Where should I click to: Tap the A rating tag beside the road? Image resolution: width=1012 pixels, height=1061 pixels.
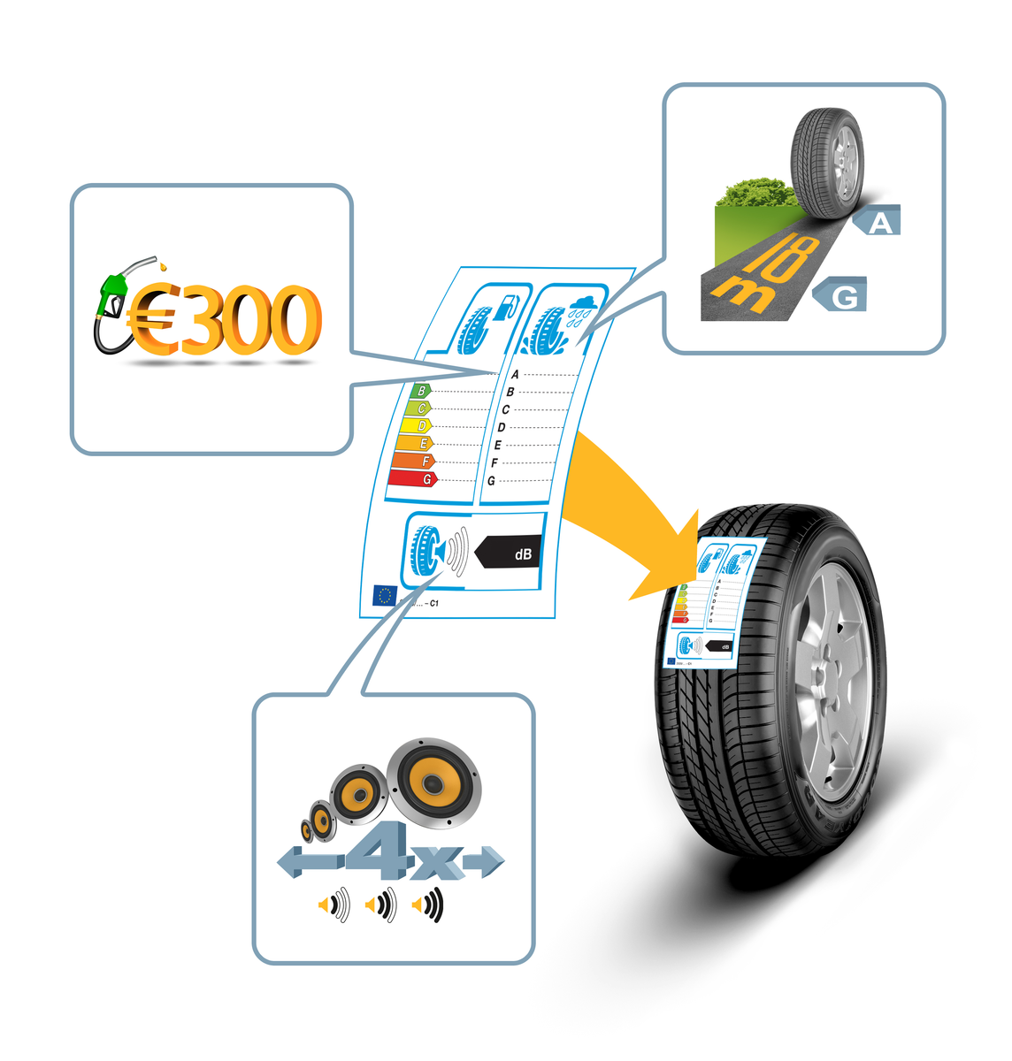point(878,221)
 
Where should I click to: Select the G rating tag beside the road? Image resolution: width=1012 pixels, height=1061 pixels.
point(842,295)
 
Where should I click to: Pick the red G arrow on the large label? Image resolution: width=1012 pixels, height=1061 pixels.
point(412,478)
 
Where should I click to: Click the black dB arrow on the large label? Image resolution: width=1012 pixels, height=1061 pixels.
point(510,554)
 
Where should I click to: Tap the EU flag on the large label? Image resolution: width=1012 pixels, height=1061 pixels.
point(384,595)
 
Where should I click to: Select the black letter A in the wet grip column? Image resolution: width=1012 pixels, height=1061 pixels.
point(516,374)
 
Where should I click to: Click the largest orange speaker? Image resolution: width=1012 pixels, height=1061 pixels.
point(433,783)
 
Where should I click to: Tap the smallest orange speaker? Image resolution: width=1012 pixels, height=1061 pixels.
point(307,830)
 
